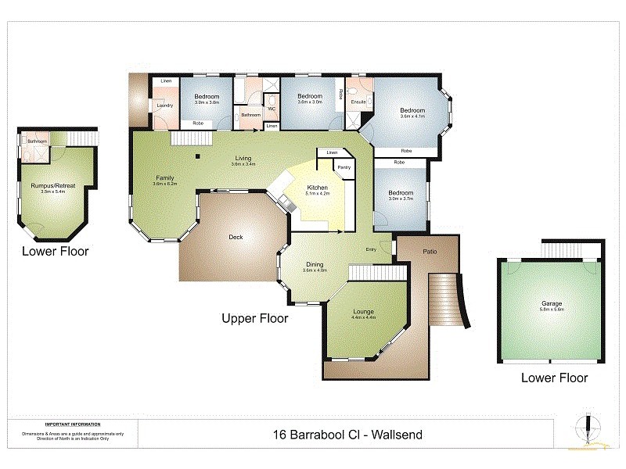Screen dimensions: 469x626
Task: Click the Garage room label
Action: [552, 303]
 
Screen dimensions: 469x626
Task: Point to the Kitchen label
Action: [317, 188]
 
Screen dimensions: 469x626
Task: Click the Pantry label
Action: [344, 166]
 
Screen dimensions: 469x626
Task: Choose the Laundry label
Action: [165, 105]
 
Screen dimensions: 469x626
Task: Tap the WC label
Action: [271, 108]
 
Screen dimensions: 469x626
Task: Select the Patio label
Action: [429, 252]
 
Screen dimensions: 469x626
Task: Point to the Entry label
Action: [371, 249]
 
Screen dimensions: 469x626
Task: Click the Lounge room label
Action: [363, 311]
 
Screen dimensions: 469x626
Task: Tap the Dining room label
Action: [315, 264]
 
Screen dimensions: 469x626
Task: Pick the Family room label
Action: [164, 177]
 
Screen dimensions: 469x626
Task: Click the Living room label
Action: [243, 159]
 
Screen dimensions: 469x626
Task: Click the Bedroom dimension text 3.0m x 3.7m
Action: [401, 199]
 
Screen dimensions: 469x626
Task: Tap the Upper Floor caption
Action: [255, 318]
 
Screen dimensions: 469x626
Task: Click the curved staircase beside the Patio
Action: [450, 301]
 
